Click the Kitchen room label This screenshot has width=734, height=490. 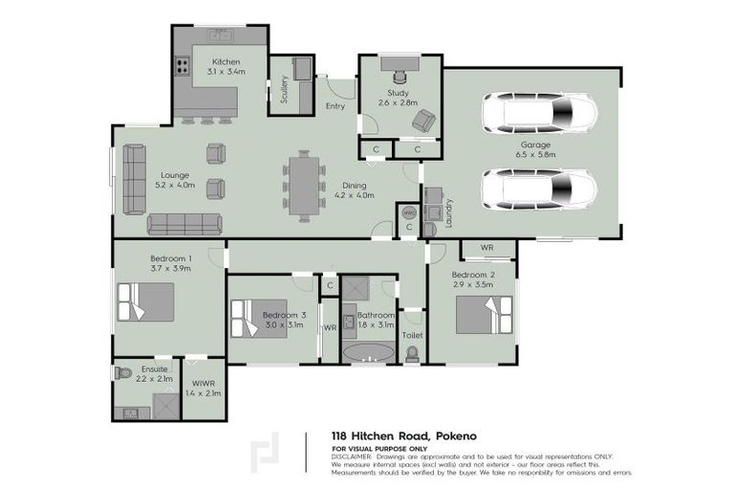(227, 61)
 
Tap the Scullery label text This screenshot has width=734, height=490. (284, 88)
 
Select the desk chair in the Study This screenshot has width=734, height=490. (399, 67)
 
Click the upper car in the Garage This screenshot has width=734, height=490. (539, 113)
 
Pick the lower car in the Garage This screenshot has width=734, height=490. (539, 189)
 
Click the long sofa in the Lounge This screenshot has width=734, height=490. (184, 224)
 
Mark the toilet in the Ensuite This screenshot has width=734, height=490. (122, 372)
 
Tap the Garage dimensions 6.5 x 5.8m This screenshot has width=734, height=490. (535, 153)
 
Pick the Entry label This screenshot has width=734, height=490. (335, 106)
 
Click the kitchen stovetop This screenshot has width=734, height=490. (181, 67)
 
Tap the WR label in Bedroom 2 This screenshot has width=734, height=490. (486, 248)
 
